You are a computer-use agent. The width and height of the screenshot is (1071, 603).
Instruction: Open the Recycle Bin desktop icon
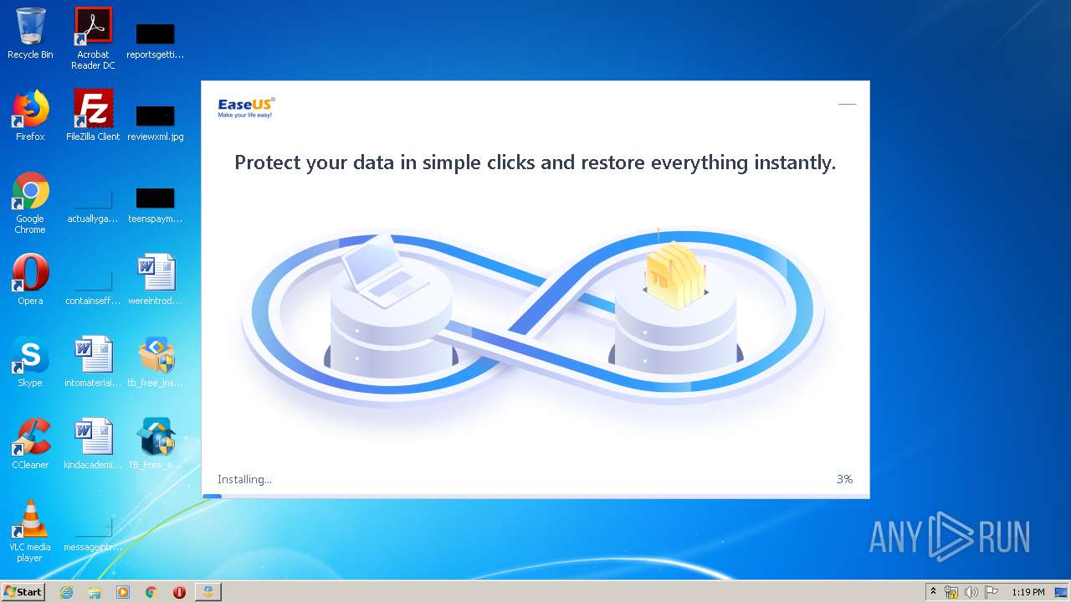pos(30,27)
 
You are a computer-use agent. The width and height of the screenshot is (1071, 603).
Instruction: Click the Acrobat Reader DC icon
pos(93,27)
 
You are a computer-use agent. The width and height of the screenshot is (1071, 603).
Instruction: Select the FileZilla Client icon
pos(93,109)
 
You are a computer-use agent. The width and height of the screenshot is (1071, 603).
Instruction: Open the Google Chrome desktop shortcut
pos(30,191)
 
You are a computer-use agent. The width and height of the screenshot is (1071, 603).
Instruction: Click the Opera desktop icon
pos(30,273)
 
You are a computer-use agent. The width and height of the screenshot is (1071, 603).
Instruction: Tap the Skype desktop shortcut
pos(30,355)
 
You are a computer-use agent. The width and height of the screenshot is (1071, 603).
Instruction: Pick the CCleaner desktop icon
pos(30,437)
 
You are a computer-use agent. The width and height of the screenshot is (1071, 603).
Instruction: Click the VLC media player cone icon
pos(30,519)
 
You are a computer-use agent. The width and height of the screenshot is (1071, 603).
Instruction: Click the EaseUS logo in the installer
pos(246,107)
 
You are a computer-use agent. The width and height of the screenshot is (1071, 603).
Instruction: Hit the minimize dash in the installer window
pos(847,105)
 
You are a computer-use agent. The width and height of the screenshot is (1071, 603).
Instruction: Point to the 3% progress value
pos(844,479)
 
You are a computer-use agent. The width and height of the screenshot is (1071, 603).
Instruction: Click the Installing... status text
pos(244,479)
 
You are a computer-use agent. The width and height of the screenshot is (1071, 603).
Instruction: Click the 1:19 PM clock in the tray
pos(1027,592)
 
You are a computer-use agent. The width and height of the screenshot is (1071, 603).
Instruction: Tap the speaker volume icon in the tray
pos(971,592)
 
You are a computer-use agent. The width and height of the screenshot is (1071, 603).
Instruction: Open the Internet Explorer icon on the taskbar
pos(66,592)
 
